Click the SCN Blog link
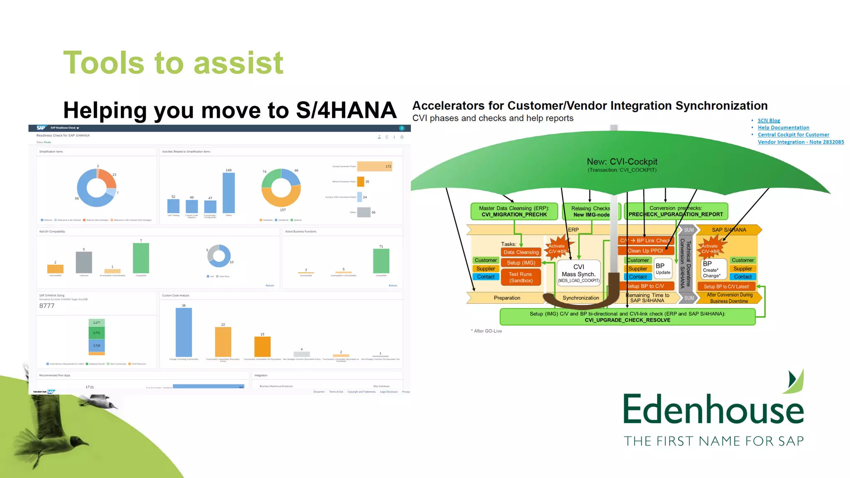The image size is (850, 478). click(x=769, y=120)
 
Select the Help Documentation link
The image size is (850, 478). click(x=783, y=127)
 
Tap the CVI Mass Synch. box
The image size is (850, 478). click(x=579, y=272)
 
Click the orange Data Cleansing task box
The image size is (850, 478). click(x=521, y=252)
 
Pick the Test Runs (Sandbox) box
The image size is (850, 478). click(x=521, y=277)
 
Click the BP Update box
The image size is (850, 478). click(x=663, y=268)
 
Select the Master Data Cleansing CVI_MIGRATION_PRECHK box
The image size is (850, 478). click(x=514, y=211)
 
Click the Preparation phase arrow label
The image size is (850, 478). click(x=507, y=298)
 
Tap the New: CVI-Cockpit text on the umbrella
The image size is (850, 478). click(x=622, y=162)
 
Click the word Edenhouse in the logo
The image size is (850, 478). click(x=713, y=410)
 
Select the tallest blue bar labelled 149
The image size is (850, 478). click(x=229, y=193)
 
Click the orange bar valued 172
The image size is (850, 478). click(x=374, y=166)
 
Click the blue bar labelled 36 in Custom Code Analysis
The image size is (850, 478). click(x=183, y=332)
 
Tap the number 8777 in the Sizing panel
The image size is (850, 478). click(x=47, y=306)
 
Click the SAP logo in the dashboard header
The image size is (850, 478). click(x=41, y=128)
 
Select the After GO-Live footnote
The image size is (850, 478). click(x=487, y=331)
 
